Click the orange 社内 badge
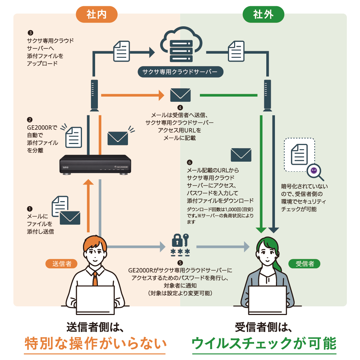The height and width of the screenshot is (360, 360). pyautogui.click(x=96, y=15)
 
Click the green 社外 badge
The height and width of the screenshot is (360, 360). pyautogui.click(x=263, y=15)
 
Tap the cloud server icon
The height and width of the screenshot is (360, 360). pyautogui.click(x=180, y=45)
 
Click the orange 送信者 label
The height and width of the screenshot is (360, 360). pyautogui.click(x=62, y=264)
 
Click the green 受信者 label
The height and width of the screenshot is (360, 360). pyautogui.click(x=304, y=264)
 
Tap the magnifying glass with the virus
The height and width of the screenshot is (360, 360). pyautogui.click(x=315, y=172)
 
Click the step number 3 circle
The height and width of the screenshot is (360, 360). pyautogui.click(x=30, y=33)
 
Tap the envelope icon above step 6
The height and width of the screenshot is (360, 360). pyautogui.click(x=241, y=154)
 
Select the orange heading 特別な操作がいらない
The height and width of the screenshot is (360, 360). pyautogui.click(x=95, y=344)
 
